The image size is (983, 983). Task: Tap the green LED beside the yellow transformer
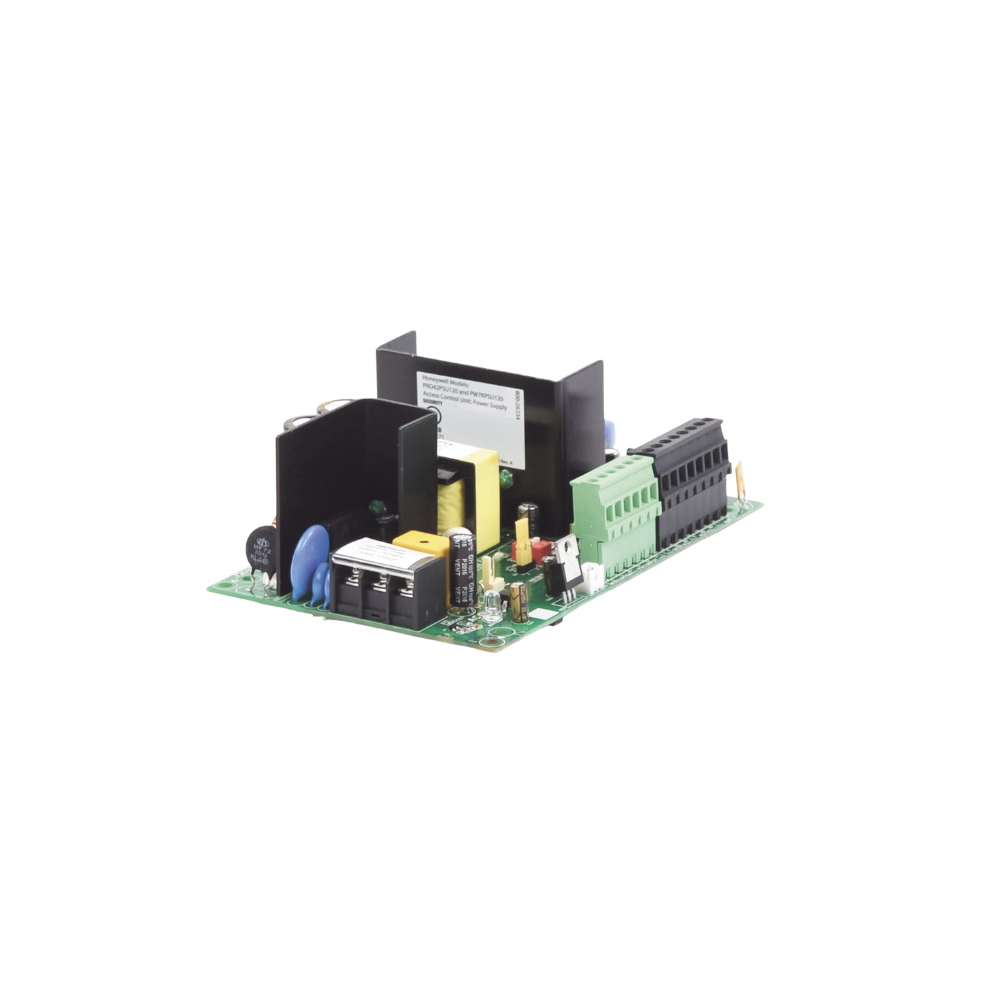506,482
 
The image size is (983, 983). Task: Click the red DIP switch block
542,550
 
